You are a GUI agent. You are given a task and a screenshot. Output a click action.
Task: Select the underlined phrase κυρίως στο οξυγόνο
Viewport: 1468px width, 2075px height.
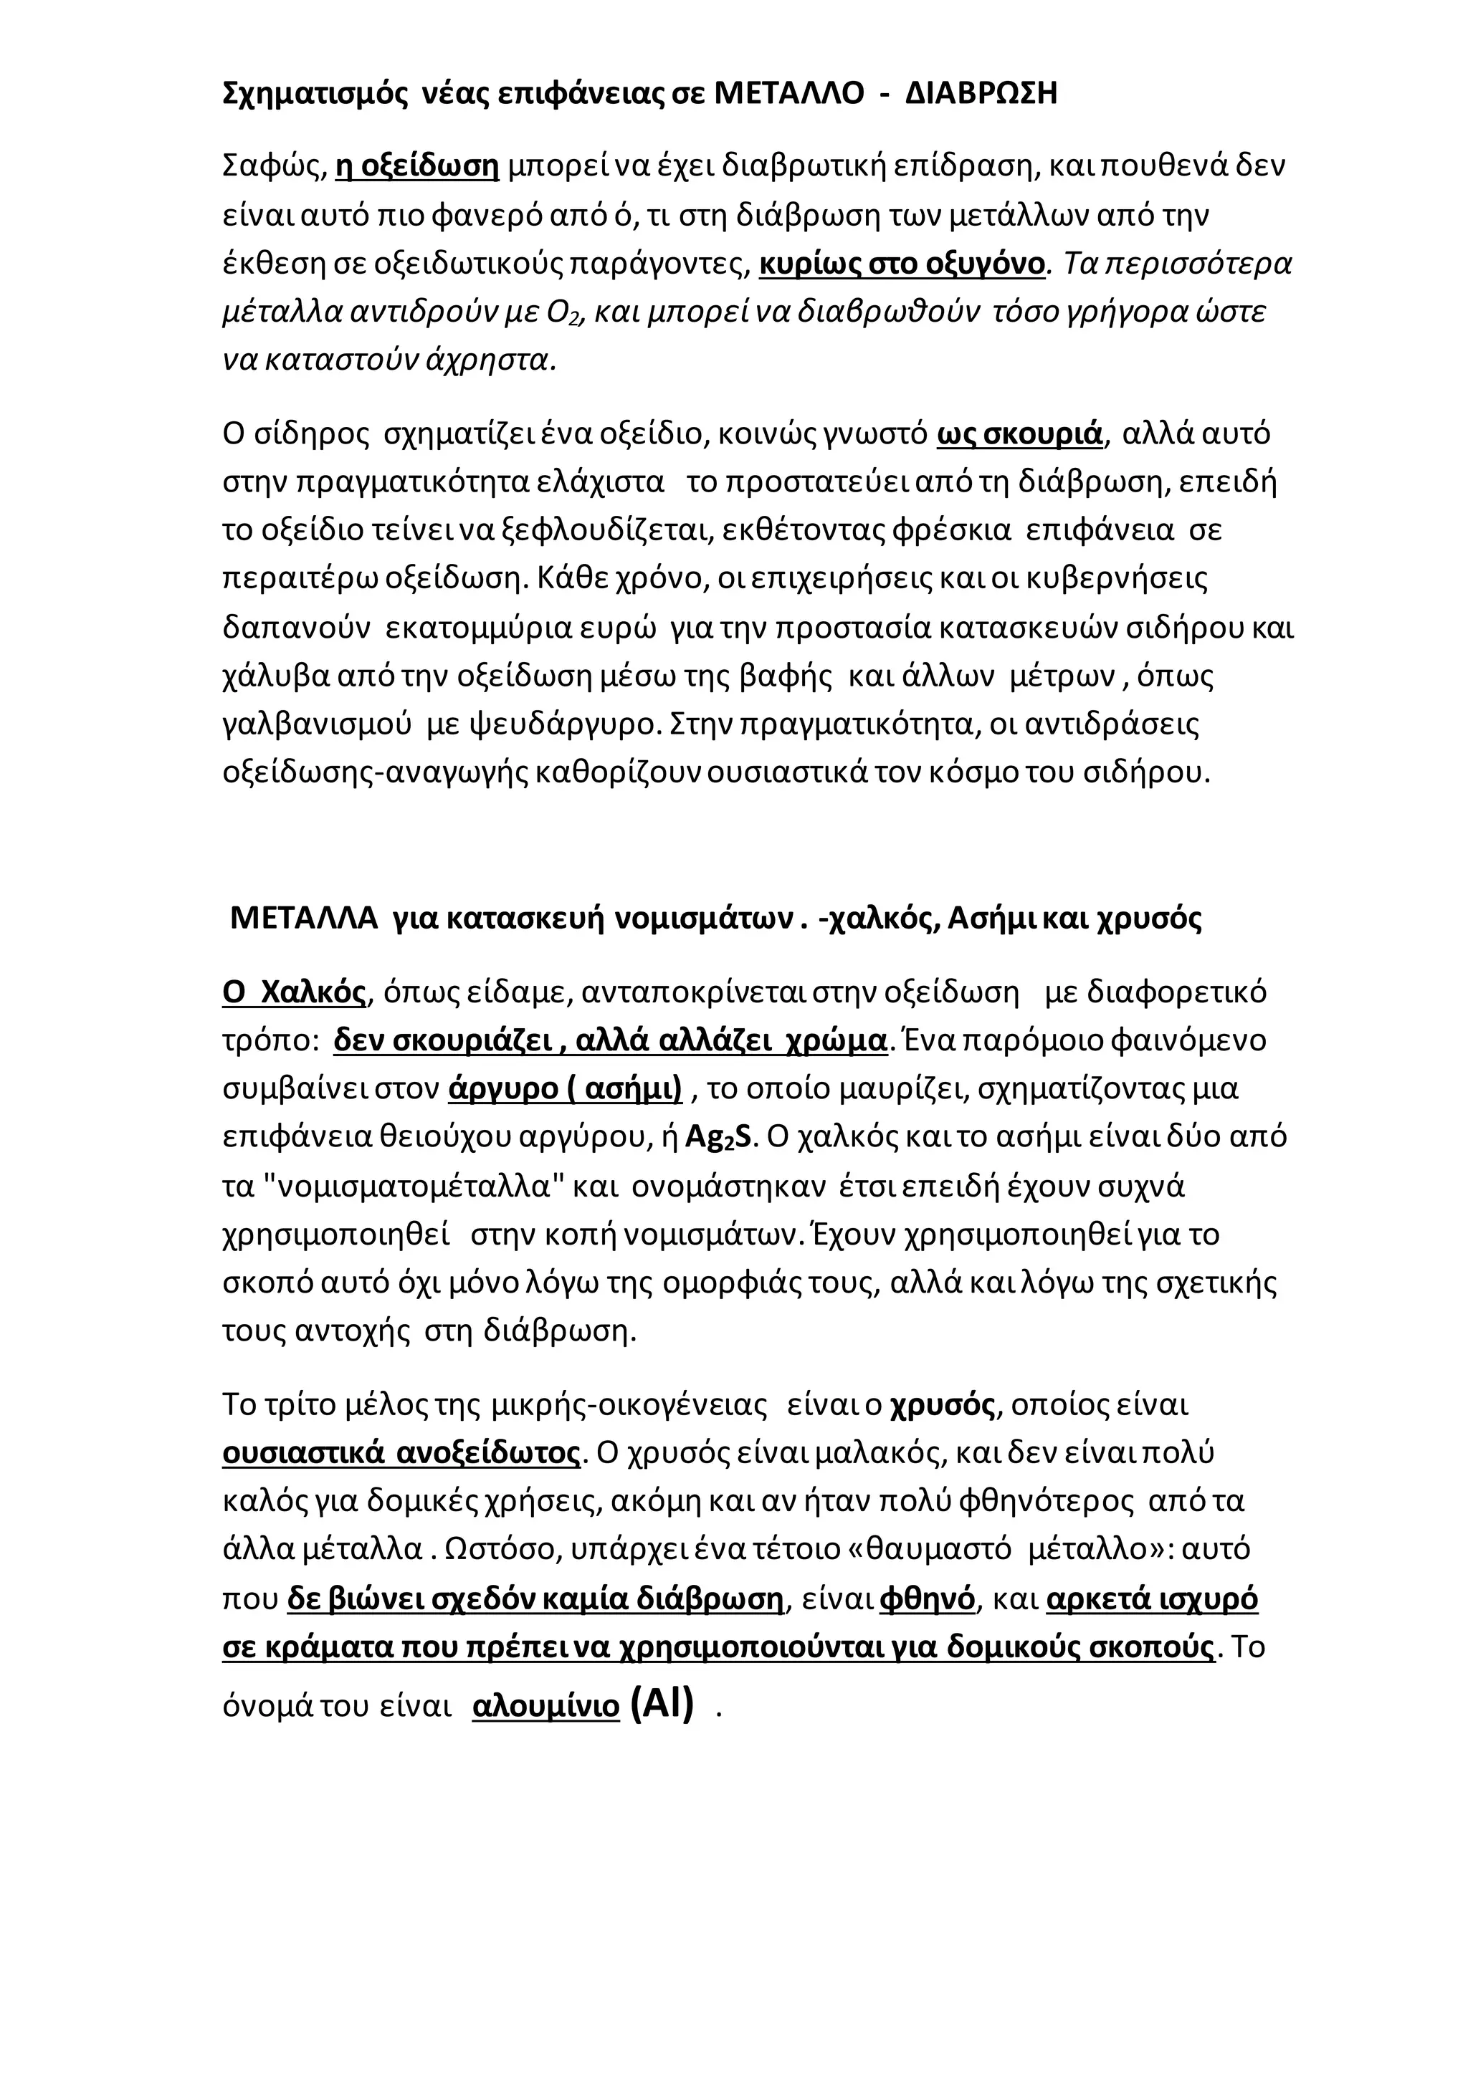pos(901,263)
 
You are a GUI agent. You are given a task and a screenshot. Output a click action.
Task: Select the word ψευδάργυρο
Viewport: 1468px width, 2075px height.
pos(558,725)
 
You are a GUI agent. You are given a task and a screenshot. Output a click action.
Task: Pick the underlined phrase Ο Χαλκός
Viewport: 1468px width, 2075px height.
pos(294,992)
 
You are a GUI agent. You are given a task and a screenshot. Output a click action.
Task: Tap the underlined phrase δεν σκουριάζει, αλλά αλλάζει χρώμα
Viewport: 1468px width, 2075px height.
pos(610,1040)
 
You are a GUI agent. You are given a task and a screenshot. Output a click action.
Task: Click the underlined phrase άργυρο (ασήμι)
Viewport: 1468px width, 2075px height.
pos(565,1089)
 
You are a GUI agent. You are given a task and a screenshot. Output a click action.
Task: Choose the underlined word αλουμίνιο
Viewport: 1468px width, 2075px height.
pos(546,1706)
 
